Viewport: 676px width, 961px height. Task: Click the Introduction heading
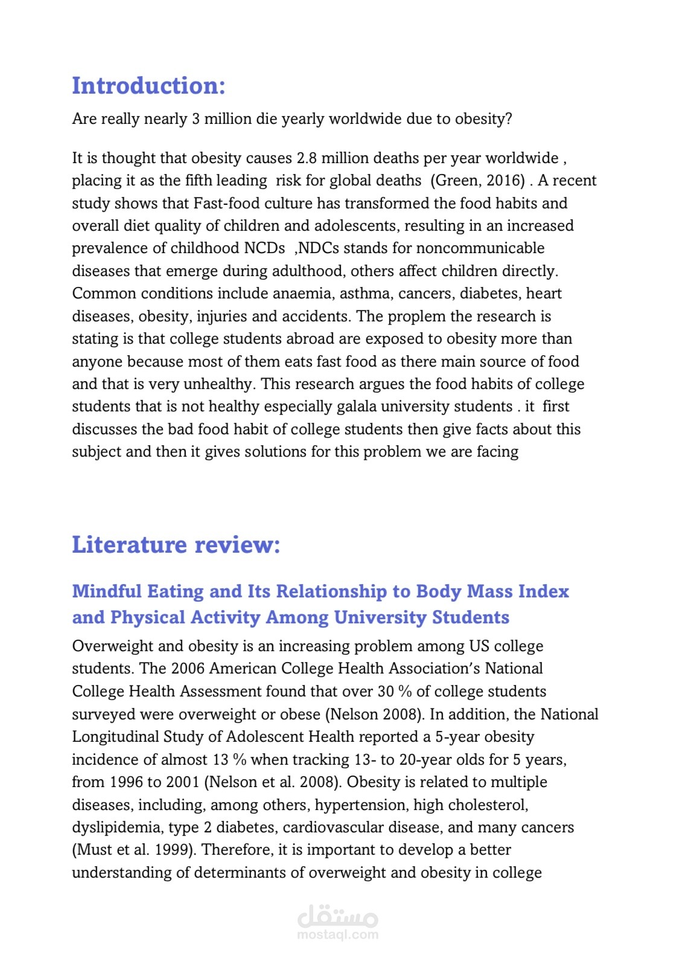click(x=148, y=86)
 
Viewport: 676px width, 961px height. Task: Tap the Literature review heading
click(x=176, y=545)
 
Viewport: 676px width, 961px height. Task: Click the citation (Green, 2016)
click(x=478, y=181)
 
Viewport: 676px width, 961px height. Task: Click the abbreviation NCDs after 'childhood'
click(x=264, y=248)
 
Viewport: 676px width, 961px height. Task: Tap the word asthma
click(x=364, y=294)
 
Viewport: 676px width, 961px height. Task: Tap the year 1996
click(x=126, y=782)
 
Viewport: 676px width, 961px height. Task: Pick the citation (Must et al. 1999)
click(x=134, y=850)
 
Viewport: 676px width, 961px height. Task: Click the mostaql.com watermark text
click(x=337, y=934)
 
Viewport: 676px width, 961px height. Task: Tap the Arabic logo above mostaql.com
click(x=337, y=916)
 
